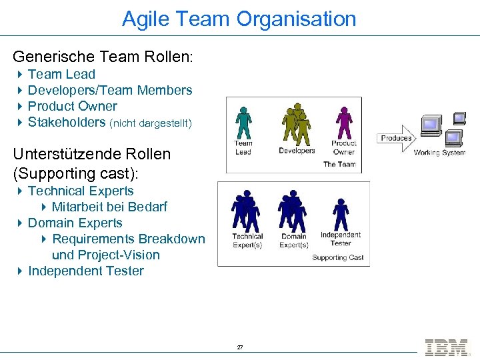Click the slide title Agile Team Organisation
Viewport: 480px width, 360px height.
point(239,19)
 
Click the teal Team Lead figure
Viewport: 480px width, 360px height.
point(243,123)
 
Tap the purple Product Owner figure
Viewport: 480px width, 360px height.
point(344,123)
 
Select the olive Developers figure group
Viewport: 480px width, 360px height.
point(295,124)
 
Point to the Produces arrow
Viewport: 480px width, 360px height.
point(396,138)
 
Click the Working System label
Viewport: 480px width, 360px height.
point(439,153)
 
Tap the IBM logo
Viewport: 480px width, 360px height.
point(446,347)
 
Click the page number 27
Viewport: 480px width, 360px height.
point(240,347)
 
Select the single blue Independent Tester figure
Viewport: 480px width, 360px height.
point(341,214)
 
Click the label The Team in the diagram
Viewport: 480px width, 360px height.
point(339,164)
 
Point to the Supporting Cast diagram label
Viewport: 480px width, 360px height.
point(338,257)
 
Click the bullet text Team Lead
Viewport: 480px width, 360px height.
point(61,74)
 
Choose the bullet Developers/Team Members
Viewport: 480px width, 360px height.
point(110,90)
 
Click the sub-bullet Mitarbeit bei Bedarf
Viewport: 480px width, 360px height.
point(109,207)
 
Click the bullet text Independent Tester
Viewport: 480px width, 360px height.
point(86,271)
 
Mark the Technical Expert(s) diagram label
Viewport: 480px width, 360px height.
point(247,241)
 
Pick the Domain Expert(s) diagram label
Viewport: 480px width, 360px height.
point(294,241)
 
